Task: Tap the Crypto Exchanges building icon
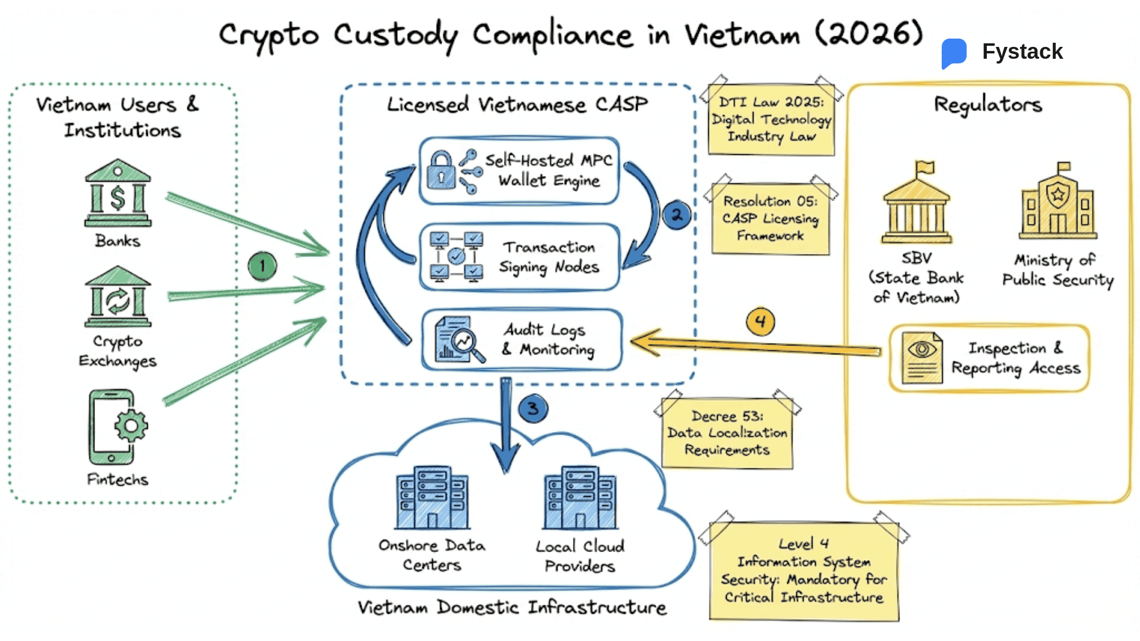tap(118, 296)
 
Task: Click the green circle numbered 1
tap(262, 266)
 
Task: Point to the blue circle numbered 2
tap(676, 215)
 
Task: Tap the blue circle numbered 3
tap(533, 408)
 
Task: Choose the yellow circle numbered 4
tap(760, 322)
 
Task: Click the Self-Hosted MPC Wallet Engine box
tap(520, 171)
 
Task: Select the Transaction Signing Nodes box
tap(520, 257)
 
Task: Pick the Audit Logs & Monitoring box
tap(522, 340)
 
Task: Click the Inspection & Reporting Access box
tap(989, 358)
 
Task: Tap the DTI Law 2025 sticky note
tap(771, 120)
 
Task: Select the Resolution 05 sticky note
tap(770, 218)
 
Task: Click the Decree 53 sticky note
tap(727, 433)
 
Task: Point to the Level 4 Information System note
tap(804, 571)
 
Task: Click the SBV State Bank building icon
tap(917, 205)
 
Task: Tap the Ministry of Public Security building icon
tap(1057, 204)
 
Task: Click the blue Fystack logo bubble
tap(954, 52)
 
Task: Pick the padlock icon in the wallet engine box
tap(441, 170)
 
